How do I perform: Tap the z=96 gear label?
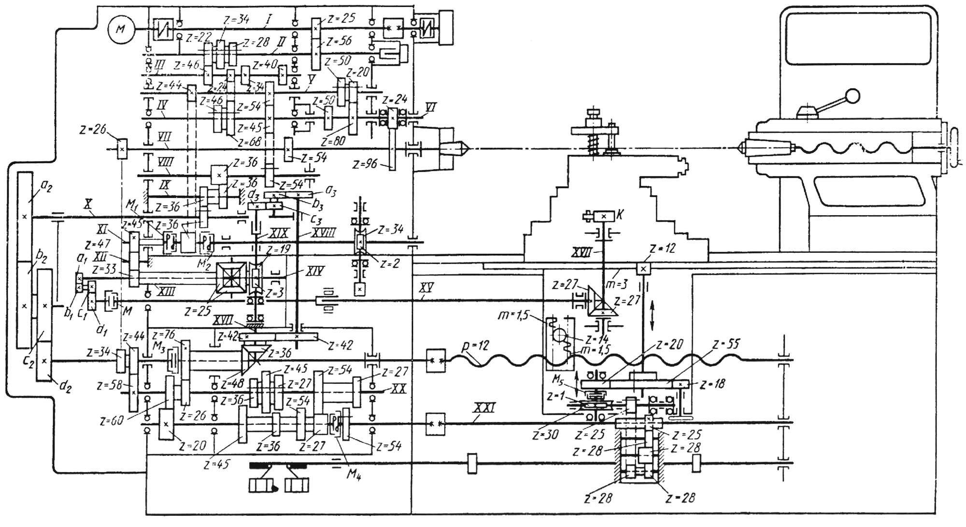click(x=365, y=165)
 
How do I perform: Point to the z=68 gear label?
click(x=249, y=142)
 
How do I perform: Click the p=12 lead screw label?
click(x=476, y=346)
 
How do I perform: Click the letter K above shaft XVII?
click(x=621, y=214)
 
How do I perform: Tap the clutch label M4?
click(x=354, y=474)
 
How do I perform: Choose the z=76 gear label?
click(x=163, y=335)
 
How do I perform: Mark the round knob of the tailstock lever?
click(x=853, y=96)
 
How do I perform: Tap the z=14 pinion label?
click(x=597, y=339)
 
